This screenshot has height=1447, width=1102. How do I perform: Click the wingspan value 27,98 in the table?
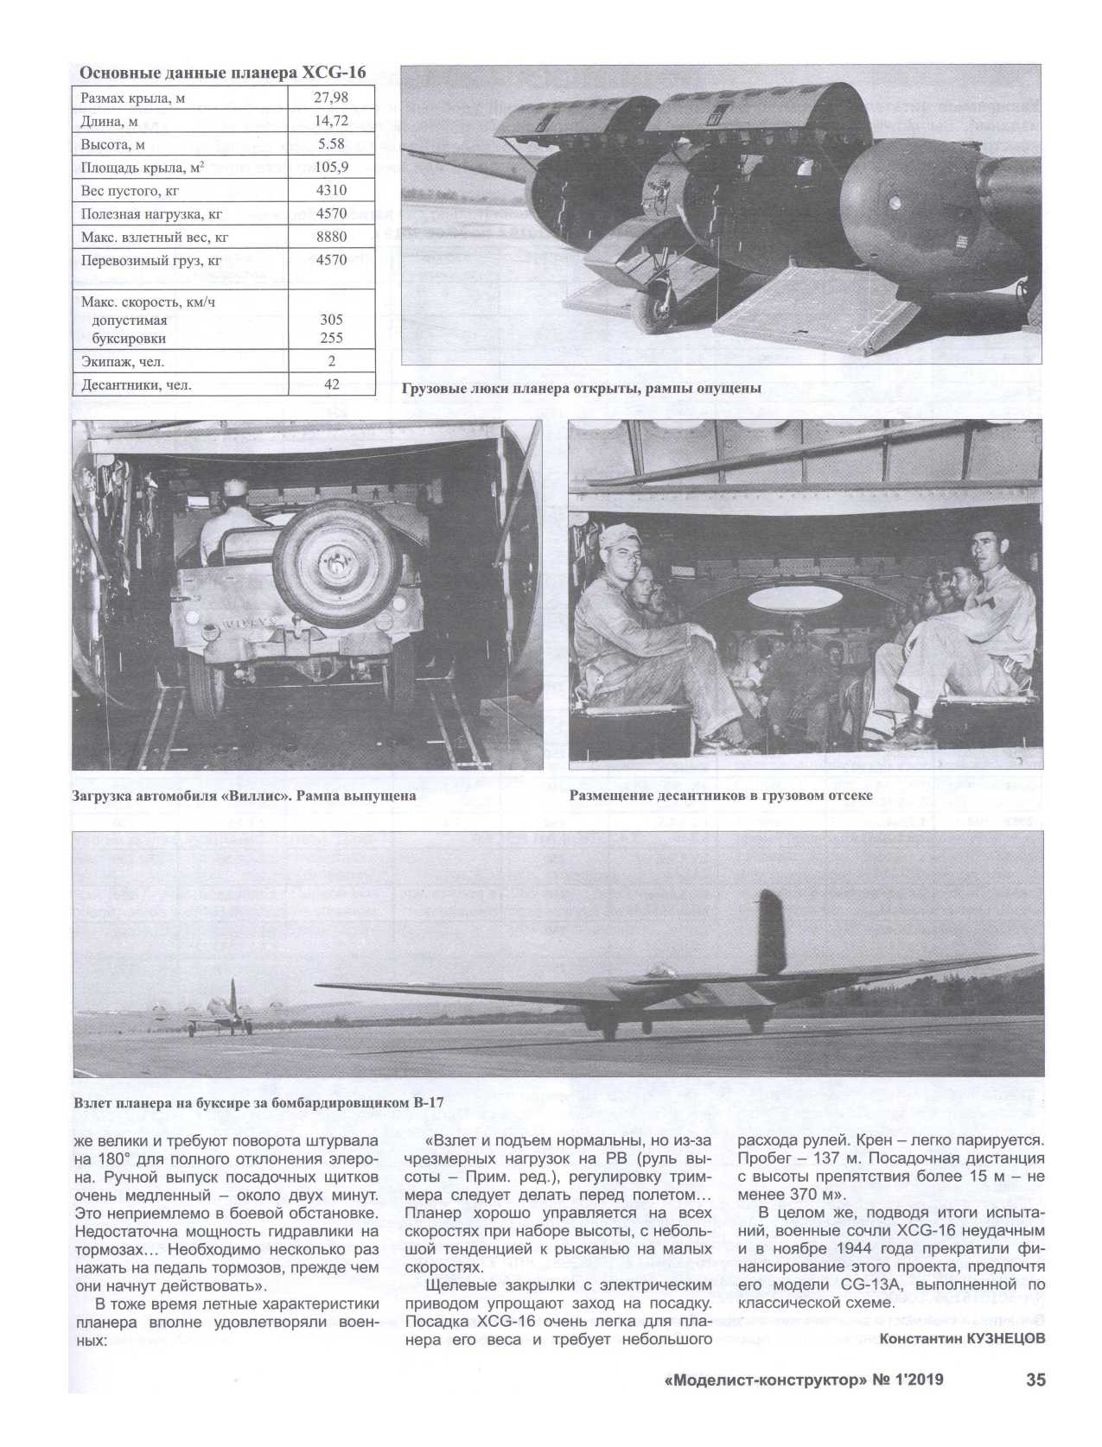coord(331,98)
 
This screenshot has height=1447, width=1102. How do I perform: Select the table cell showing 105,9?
coord(331,168)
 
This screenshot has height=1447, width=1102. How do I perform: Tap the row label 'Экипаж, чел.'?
coord(123,362)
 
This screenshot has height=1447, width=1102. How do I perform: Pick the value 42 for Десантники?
coord(331,385)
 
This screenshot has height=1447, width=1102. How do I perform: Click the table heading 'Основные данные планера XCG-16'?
coord(222,73)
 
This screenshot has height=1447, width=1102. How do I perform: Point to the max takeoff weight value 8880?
coord(331,237)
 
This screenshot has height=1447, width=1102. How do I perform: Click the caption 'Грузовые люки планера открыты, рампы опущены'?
coord(581,389)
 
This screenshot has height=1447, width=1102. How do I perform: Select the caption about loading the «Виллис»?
coord(245,796)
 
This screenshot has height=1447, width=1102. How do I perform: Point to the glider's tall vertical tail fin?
coord(771,933)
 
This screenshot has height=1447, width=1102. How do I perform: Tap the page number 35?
coord(1035,1380)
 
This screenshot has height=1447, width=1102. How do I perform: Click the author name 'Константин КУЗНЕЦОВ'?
coord(962,1338)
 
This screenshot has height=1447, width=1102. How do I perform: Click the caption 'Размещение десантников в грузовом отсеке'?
coord(721,796)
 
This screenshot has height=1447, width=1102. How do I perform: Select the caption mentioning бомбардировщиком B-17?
coord(264,1104)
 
